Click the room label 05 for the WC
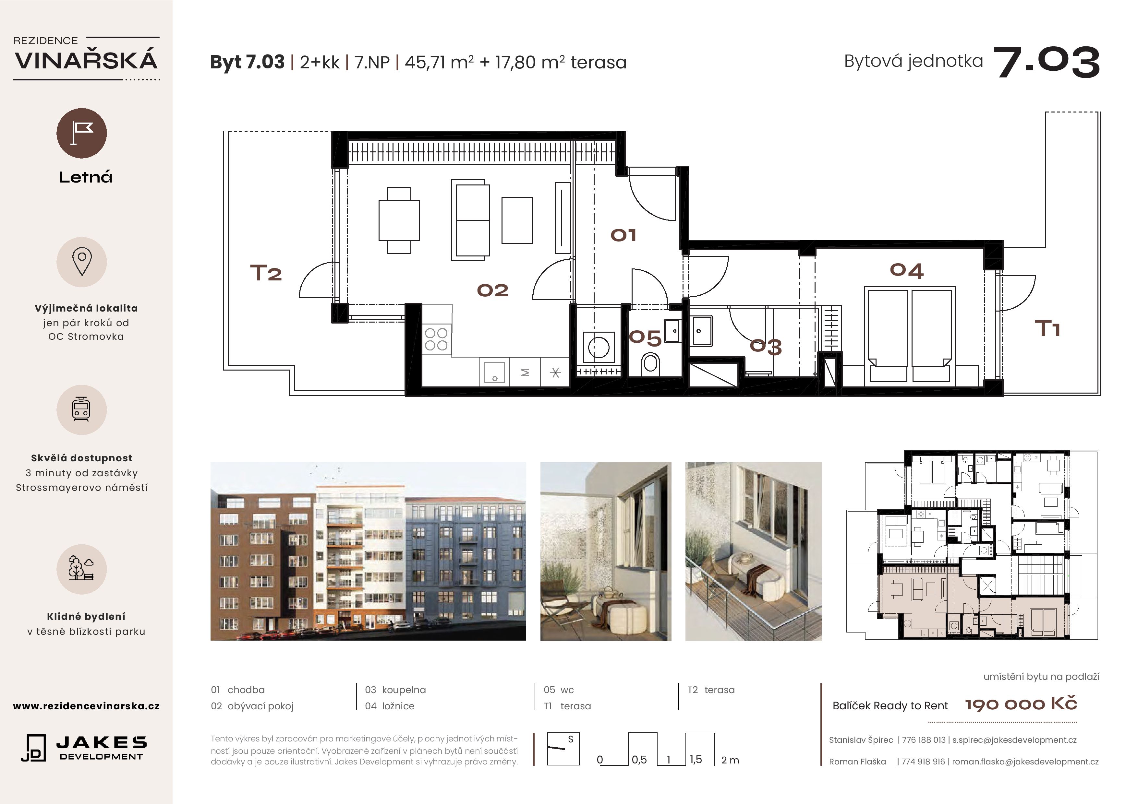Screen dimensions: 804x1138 645,338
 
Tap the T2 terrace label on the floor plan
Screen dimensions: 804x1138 266,273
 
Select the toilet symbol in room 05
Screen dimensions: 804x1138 650,364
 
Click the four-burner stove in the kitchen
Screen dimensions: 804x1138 436,339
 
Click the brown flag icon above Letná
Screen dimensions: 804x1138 82,133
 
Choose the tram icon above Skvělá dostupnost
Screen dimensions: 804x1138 81,410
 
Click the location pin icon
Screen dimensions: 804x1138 82,262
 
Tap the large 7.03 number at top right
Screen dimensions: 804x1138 1046,63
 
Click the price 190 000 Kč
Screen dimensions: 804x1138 1021,704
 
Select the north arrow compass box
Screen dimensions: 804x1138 563,749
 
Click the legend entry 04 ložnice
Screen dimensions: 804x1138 390,706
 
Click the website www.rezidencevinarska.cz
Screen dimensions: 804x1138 86,706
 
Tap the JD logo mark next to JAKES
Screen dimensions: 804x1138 34,748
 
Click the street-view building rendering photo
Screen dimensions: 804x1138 368,551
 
